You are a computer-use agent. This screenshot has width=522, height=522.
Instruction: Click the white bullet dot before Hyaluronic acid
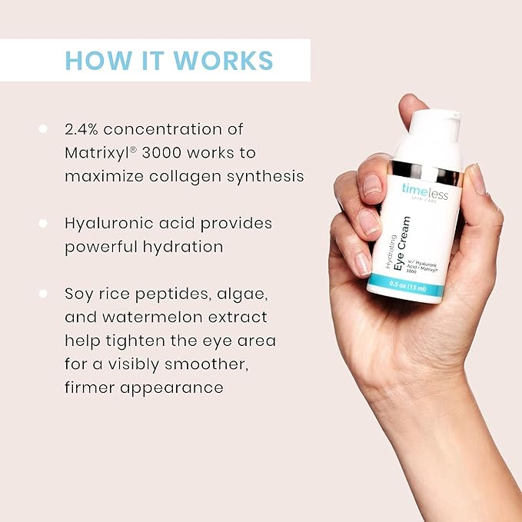click(x=43, y=224)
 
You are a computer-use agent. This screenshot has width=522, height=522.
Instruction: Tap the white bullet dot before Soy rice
click(x=43, y=294)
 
